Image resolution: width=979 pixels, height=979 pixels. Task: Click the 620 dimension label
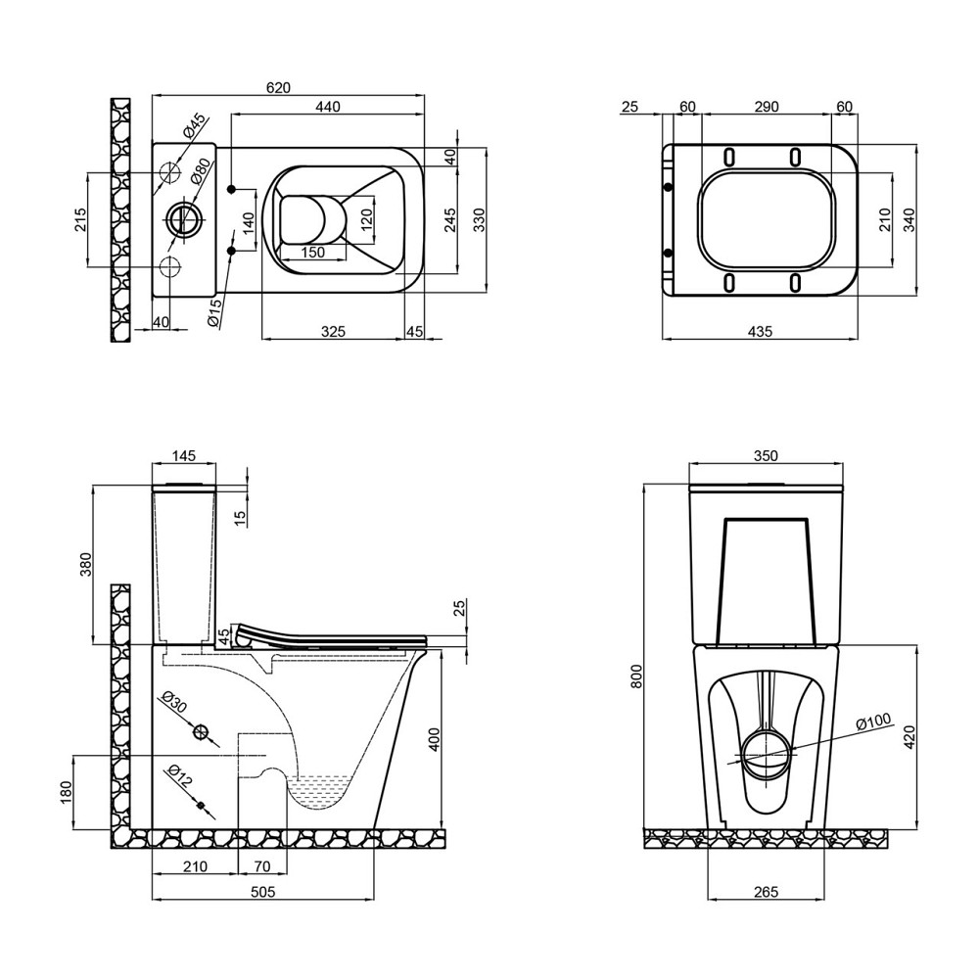(278, 87)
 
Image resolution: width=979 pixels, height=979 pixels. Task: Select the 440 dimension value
(328, 107)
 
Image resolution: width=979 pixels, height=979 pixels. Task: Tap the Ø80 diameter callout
(196, 170)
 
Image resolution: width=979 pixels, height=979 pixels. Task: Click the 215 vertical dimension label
(81, 219)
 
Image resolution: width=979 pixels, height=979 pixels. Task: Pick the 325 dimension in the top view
(334, 331)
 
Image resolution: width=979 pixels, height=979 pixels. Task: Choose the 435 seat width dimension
(760, 331)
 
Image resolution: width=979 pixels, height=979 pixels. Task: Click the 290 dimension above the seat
(767, 107)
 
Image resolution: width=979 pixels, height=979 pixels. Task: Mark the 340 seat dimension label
(909, 219)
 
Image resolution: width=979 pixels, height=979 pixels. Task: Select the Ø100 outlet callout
(873, 722)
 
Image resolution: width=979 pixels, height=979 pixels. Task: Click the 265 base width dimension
(767, 892)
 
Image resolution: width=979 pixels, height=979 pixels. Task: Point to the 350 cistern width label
(766, 456)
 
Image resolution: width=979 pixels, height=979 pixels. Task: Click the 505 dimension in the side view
(262, 892)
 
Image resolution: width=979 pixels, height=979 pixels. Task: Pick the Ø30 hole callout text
(173, 702)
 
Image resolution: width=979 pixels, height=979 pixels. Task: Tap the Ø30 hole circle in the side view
(201, 731)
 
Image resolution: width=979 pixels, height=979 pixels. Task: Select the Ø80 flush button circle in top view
(183, 219)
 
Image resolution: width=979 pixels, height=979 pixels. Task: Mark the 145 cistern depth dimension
(184, 456)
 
